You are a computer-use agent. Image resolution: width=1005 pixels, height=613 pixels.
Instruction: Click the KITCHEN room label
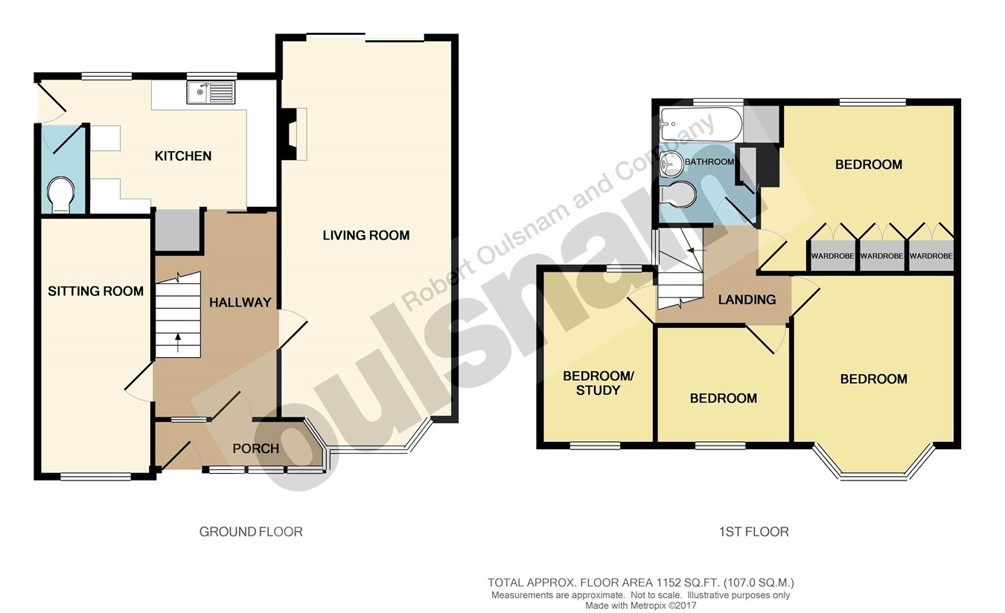click(x=183, y=156)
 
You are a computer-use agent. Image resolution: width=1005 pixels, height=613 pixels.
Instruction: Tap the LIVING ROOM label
click(x=366, y=235)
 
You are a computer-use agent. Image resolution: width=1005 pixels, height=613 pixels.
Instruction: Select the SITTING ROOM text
click(x=95, y=292)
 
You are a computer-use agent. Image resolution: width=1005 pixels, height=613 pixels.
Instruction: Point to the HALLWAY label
click(x=240, y=303)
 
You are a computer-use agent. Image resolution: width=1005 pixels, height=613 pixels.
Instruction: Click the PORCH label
click(x=256, y=449)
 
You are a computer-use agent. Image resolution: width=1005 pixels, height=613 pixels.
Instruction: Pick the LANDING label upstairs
click(x=747, y=300)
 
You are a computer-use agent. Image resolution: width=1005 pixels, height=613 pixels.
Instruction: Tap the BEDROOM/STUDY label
click(x=598, y=383)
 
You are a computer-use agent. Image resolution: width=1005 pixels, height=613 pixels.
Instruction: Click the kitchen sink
click(x=211, y=93)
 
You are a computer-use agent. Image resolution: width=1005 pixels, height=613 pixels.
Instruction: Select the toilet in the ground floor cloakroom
click(x=60, y=195)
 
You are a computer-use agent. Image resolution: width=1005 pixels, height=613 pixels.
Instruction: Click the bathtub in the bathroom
click(x=701, y=124)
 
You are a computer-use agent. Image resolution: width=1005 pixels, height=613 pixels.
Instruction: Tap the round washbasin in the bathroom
click(x=671, y=164)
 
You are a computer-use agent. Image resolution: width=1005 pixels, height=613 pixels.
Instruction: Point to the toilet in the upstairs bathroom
click(x=678, y=194)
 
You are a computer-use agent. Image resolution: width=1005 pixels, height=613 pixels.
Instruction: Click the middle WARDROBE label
click(x=881, y=256)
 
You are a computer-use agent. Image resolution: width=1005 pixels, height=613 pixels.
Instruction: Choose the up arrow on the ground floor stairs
click(x=178, y=343)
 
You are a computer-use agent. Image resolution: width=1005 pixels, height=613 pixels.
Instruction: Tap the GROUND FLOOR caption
click(x=251, y=532)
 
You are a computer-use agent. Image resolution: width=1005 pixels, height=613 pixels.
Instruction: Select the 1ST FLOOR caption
click(x=753, y=532)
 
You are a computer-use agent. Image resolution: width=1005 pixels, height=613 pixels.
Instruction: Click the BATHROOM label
click(x=709, y=161)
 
